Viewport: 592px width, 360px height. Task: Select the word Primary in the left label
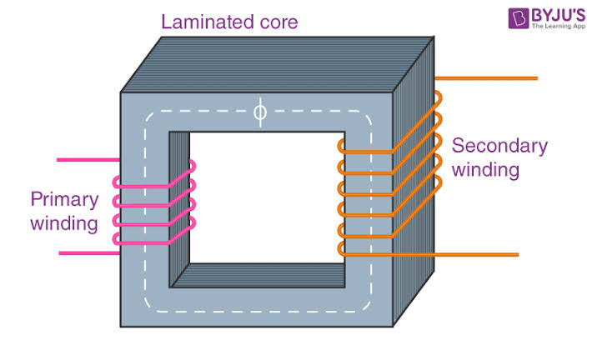(x=64, y=200)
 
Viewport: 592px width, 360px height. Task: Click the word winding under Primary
(x=64, y=222)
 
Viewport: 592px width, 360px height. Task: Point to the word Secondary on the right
(x=499, y=147)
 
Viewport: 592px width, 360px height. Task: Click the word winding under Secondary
(x=486, y=170)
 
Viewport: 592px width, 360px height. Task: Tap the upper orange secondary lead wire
(x=488, y=79)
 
